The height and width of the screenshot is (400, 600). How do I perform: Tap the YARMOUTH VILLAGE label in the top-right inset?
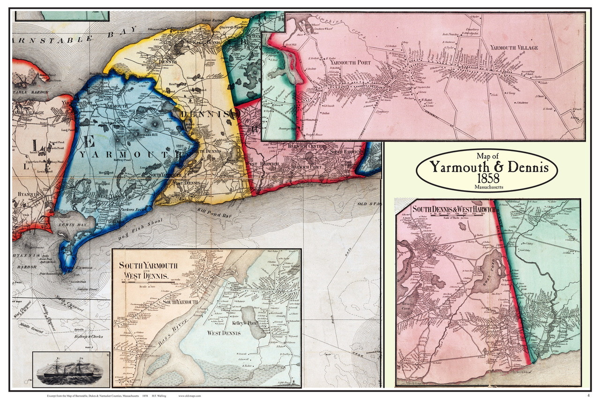(514, 48)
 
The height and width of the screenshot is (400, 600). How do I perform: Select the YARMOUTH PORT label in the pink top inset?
(350, 62)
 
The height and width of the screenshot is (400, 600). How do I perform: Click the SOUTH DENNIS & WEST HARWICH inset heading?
(453, 209)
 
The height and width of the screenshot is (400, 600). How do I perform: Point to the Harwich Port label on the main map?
(304, 167)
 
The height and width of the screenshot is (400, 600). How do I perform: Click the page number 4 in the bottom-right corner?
(588, 395)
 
